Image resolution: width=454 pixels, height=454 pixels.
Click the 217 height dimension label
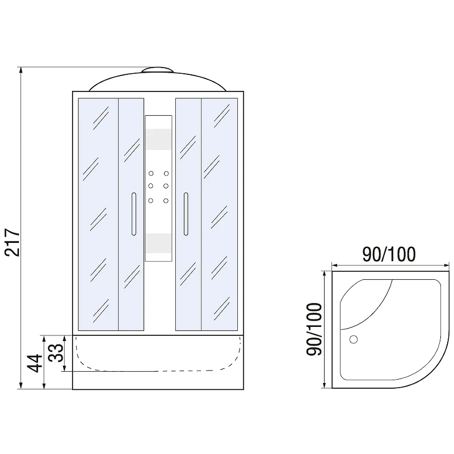(12, 242)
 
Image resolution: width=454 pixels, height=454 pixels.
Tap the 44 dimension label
(35, 363)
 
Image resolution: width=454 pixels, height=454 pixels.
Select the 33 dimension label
(56, 352)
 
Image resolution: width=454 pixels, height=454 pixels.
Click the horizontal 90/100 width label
(389, 254)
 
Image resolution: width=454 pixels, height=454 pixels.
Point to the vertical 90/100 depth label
(314, 329)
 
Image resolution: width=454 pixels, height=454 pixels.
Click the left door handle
(134, 214)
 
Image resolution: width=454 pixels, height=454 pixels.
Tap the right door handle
(186, 214)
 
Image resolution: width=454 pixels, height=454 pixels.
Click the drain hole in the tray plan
(354, 339)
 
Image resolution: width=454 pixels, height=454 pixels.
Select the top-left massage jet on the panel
(151, 174)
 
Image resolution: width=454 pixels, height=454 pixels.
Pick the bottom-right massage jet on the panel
(166, 200)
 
